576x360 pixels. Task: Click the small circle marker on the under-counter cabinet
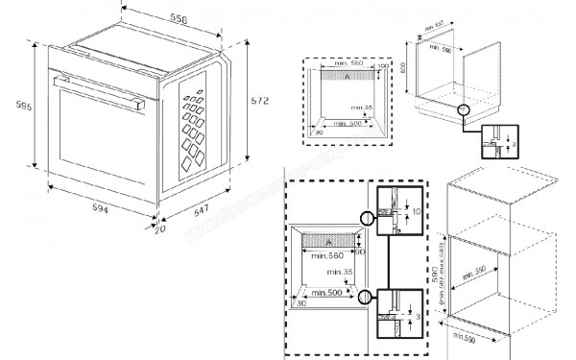coord(465,109)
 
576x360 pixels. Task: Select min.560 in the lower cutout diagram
coord(322,255)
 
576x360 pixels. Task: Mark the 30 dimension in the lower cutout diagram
coord(300,303)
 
